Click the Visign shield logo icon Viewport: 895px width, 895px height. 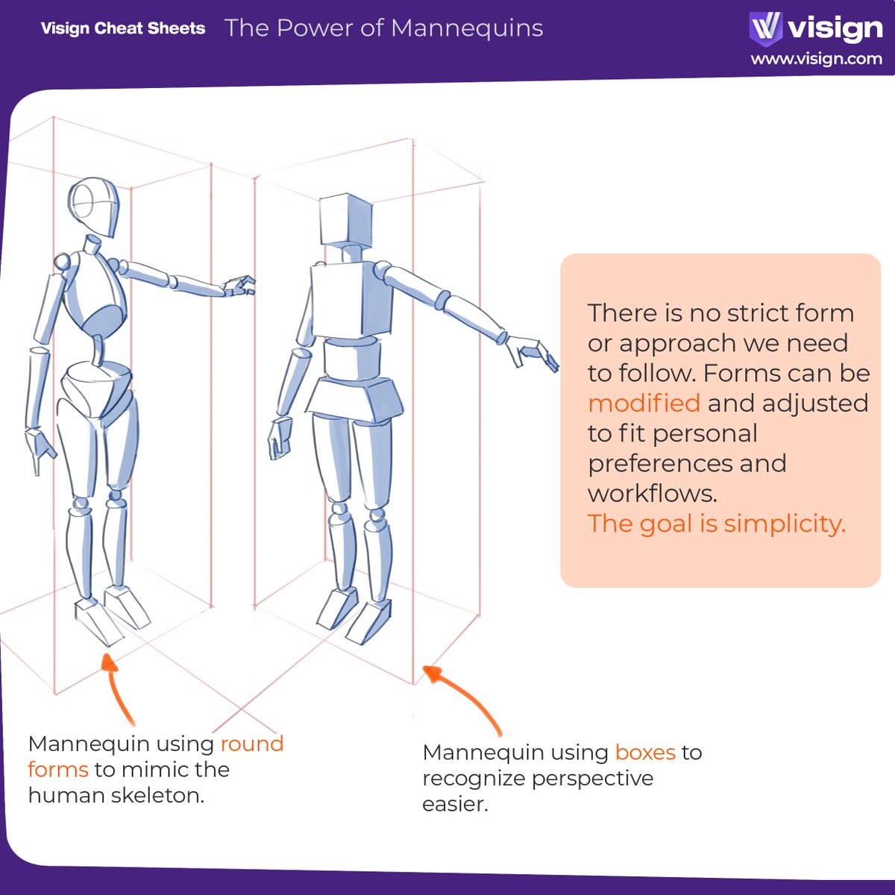click(765, 27)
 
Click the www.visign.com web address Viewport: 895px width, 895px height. click(816, 59)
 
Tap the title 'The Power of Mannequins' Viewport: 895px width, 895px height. click(383, 28)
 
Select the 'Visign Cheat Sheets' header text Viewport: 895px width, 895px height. click(123, 28)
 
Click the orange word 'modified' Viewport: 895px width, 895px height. click(644, 403)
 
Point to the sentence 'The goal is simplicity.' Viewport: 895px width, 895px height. click(716, 524)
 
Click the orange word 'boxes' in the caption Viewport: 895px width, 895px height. click(645, 753)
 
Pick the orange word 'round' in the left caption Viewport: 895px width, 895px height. click(251, 744)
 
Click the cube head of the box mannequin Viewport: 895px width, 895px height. click(345, 219)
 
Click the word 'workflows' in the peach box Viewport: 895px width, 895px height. click(651, 494)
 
